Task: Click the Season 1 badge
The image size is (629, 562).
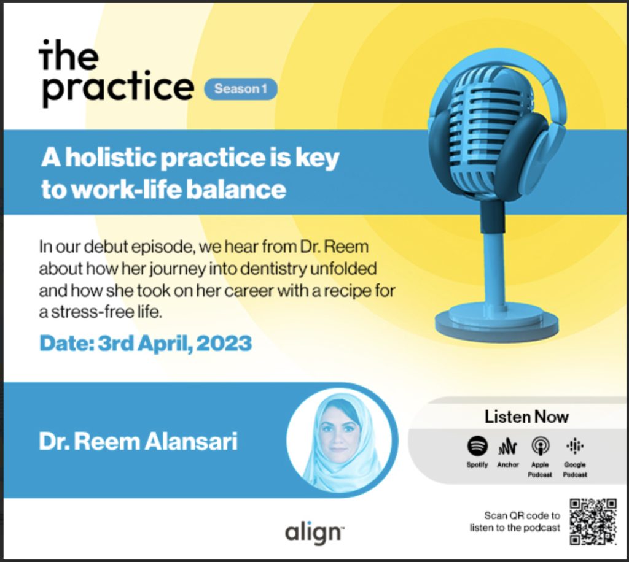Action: pyautogui.click(x=241, y=89)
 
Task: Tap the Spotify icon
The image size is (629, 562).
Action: pyautogui.click(x=477, y=446)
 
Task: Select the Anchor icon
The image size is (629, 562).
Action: pyautogui.click(x=507, y=446)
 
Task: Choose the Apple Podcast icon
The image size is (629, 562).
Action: pyautogui.click(x=540, y=446)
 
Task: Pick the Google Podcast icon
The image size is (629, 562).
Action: pyautogui.click(x=575, y=446)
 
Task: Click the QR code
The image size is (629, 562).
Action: pyautogui.click(x=593, y=522)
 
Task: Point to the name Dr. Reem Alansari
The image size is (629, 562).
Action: pyautogui.click(x=138, y=441)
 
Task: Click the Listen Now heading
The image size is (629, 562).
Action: pyautogui.click(x=526, y=417)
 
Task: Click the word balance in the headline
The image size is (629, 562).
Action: pyautogui.click(x=236, y=190)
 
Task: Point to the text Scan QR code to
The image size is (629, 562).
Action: pyautogui.click(x=522, y=515)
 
